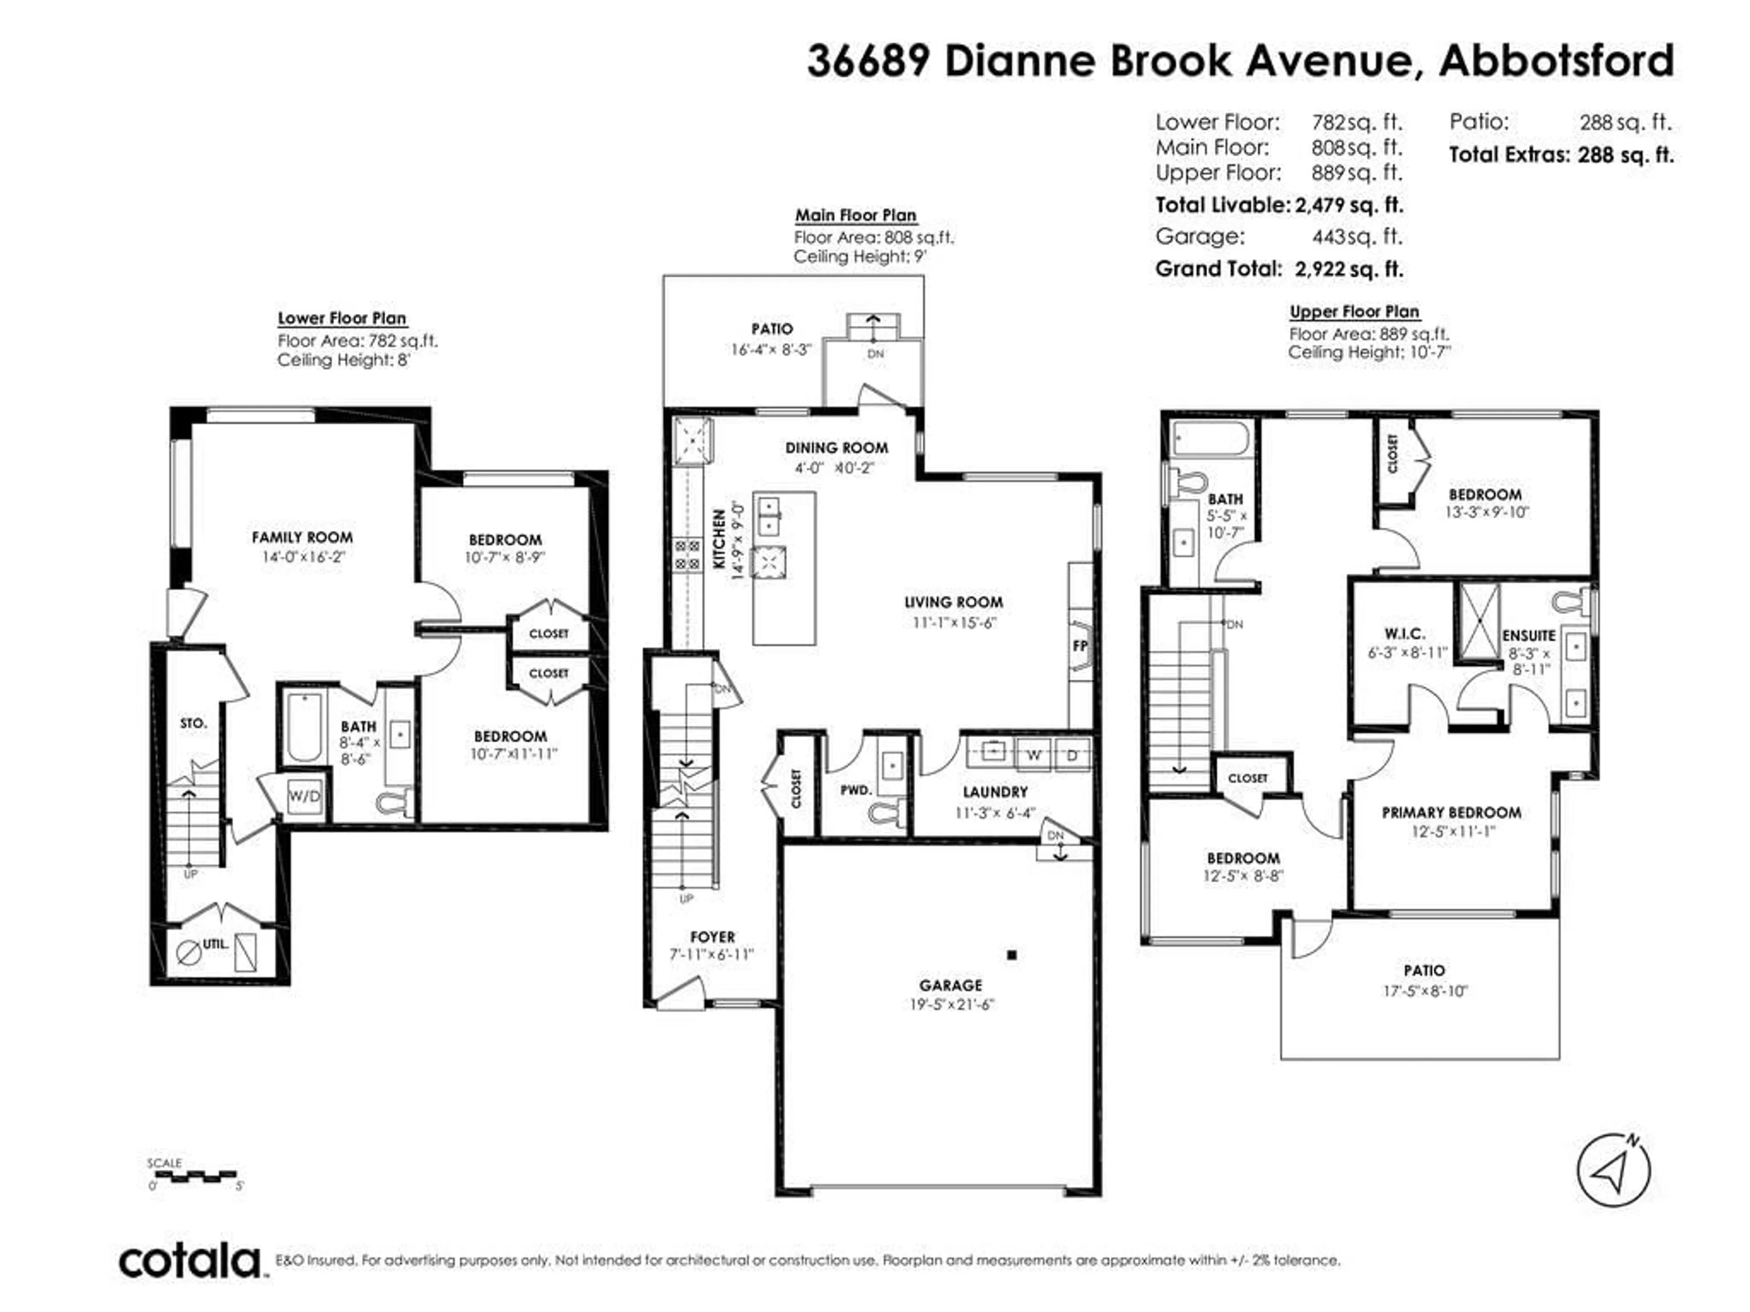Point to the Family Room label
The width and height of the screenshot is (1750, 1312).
(302, 538)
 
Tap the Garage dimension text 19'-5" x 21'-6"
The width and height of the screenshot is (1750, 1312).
(951, 1005)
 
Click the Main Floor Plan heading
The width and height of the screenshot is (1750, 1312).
(855, 215)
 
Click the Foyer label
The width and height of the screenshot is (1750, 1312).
(712, 937)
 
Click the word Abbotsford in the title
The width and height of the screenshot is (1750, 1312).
(1556, 61)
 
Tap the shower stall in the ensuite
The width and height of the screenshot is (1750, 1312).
(1479, 621)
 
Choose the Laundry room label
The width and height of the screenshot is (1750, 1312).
(995, 792)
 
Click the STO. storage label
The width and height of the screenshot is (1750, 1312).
(193, 723)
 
